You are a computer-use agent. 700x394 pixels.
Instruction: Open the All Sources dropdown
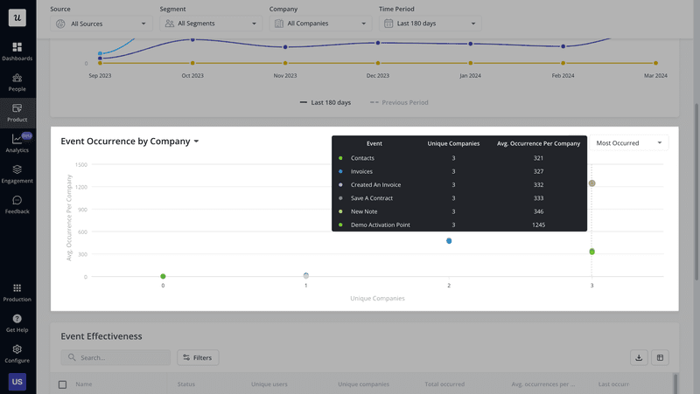[x=101, y=24]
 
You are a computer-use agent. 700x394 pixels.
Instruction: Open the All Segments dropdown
[x=209, y=24]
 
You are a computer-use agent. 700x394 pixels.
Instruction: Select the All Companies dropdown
[x=319, y=24]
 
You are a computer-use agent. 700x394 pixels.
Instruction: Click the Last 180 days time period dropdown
[x=430, y=24]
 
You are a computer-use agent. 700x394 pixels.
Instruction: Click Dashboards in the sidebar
[x=17, y=51]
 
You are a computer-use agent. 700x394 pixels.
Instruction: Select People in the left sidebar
[x=17, y=81]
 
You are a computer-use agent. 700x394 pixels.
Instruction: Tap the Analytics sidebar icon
[x=17, y=142]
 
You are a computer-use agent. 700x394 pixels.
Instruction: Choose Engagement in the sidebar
[x=17, y=173]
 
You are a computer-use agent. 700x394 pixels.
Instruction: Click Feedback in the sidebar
[x=17, y=204]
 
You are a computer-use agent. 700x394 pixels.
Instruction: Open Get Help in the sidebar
[x=17, y=322]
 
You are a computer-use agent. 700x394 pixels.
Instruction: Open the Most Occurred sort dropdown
[x=628, y=142]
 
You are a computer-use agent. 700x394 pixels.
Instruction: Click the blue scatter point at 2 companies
[x=449, y=240]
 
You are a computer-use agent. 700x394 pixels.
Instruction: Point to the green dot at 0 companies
[x=163, y=276]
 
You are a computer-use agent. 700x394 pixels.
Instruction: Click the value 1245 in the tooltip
[x=538, y=225]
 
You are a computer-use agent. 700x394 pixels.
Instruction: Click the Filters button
[x=198, y=357]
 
